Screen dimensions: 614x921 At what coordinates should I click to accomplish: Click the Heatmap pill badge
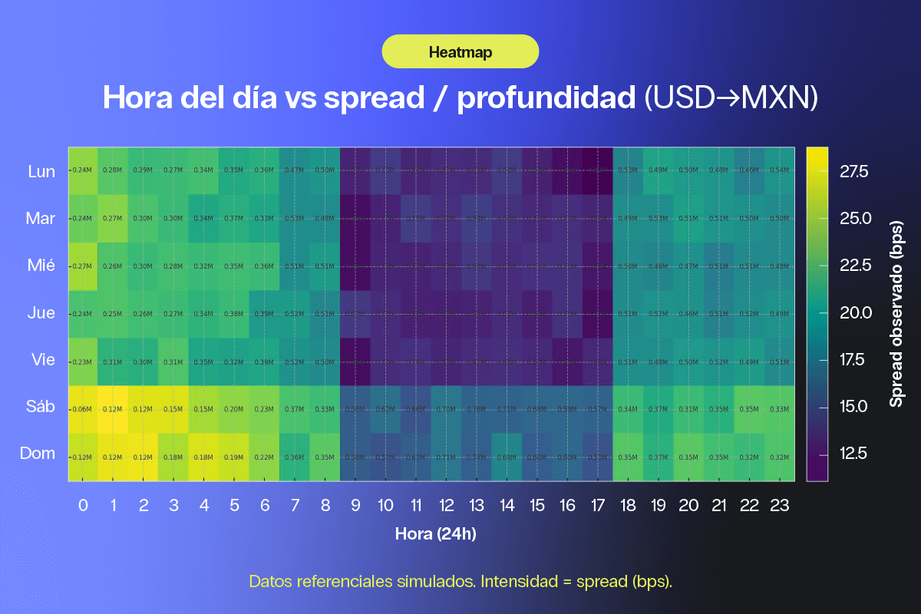(460, 52)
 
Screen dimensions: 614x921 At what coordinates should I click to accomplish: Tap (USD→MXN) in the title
(730, 98)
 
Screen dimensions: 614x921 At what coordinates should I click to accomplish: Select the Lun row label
(41, 171)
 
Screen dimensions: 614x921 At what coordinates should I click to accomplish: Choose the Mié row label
(41, 266)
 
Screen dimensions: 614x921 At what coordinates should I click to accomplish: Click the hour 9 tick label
(355, 505)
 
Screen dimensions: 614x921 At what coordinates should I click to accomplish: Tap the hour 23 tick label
(780, 505)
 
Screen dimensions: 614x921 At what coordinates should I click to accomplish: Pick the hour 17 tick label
(597, 505)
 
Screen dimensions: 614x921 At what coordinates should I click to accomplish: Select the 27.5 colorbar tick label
(853, 171)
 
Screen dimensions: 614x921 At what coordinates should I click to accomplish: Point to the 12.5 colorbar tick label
(853, 454)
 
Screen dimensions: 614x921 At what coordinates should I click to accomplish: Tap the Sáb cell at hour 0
(83, 409)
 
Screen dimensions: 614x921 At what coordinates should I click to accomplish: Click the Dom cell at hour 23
(779, 457)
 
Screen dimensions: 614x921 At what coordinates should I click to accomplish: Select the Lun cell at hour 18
(628, 170)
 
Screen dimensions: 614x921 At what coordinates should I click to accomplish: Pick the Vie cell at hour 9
(355, 361)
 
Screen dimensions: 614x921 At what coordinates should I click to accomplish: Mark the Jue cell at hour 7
(295, 314)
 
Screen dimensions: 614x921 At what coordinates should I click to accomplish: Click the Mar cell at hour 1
(113, 218)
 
